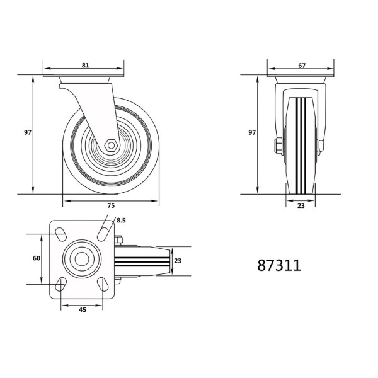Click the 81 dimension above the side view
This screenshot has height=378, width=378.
coord(85,65)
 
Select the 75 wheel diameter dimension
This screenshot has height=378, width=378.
coord(111,206)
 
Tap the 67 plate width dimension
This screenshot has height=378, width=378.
coord(302,65)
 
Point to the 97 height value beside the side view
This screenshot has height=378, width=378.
coord(28,133)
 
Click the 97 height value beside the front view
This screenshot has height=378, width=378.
coord(252,133)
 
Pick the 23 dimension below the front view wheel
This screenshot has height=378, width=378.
coord(301,206)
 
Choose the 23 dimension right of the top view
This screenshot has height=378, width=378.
coord(178,261)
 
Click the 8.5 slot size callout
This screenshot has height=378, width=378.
coord(122,221)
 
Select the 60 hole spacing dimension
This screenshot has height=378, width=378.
coord(37,258)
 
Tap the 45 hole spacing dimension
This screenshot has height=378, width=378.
coord(81,309)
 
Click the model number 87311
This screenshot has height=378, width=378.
coord(278,266)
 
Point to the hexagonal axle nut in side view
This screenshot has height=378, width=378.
coord(111,145)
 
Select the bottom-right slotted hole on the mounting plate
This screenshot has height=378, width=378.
coord(101,284)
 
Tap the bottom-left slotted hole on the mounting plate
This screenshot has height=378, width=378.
coord(61,284)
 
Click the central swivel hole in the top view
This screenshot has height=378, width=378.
coord(81,259)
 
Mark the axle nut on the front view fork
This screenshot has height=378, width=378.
coord(277,147)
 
